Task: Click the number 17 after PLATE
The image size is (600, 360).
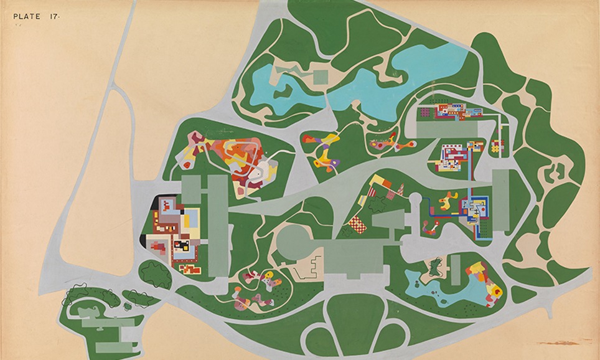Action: click(54, 17)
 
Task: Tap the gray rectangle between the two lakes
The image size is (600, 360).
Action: click(320, 77)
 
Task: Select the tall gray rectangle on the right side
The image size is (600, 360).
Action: click(500, 199)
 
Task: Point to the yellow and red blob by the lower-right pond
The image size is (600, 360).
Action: click(495, 290)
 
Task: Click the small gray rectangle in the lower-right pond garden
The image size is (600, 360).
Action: click(456, 270)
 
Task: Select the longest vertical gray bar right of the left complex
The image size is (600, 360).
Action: click(217, 224)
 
